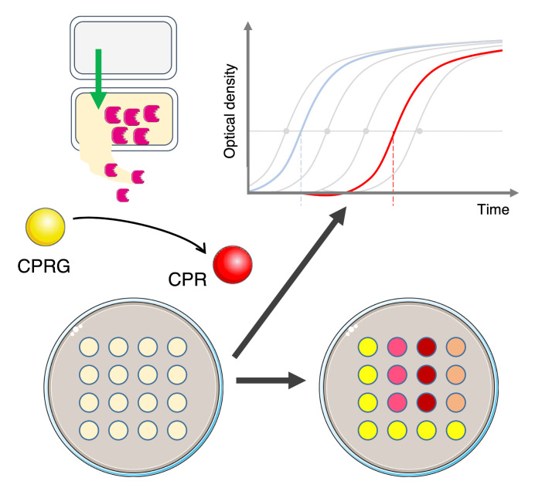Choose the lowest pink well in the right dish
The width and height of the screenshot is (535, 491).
tap(396, 401)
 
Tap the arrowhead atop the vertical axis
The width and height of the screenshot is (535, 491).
tap(247, 28)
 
